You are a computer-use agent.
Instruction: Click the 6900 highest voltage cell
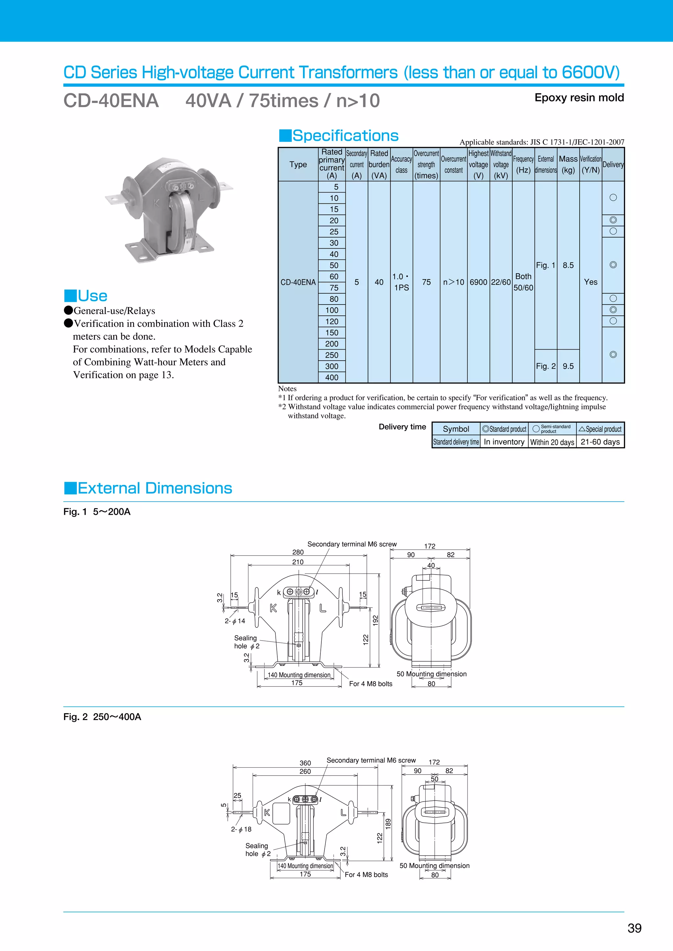(x=478, y=282)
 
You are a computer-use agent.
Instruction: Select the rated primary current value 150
(x=332, y=332)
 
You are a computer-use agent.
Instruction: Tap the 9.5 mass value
(x=568, y=366)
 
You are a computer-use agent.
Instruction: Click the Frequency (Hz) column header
(x=523, y=165)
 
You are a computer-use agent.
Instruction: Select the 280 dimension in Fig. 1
(x=298, y=552)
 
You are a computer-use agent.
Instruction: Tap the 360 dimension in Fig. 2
(x=305, y=763)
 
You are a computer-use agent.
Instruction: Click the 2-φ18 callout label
(x=241, y=829)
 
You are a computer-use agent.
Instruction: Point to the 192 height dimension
(x=376, y=621)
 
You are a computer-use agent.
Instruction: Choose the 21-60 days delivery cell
(x=600, y=442)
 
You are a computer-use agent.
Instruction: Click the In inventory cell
(x=504, y=442)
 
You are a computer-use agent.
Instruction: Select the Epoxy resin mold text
(x=579, y=98)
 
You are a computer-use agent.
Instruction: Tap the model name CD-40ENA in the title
(x=111, y=101)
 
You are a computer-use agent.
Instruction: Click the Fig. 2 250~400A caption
(x=102, y=717)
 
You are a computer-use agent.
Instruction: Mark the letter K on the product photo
(x=157, y=203)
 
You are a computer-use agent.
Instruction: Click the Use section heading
(x=92, y=296)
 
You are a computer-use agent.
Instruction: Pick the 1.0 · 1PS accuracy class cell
(x=401, y=282)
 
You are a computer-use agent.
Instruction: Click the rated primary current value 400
(x=332, y=377)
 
